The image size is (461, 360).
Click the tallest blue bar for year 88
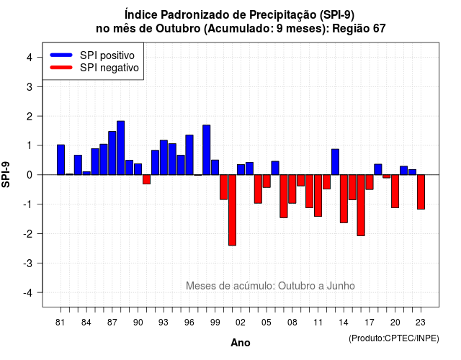click(x=120, y=148)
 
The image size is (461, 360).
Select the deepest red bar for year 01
click(x=232, y=210)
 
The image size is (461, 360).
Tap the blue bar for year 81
click(x=61, y=160)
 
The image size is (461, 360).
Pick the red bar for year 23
click(x=421, y=192)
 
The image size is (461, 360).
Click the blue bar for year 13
click(x=335, y=162)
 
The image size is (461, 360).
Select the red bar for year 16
click(x=361, y=205)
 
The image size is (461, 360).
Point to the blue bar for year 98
click(x=207, y=150)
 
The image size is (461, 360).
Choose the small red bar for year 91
click(x=146, y=179)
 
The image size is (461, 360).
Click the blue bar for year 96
click(x=189, y=155)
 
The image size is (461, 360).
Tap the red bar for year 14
click(x=344, y=199)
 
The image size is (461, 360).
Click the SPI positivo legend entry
click(x=92, y=55)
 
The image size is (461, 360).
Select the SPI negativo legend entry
click(x=94, y=68)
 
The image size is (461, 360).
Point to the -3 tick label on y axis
click(x=28, y=264)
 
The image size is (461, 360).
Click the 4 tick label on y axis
click(x=30, y=58)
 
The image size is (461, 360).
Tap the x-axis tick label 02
click(x=241, y=323)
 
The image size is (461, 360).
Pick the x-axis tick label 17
click(x=370, y=323)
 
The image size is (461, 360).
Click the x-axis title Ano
click(x=241, y=343)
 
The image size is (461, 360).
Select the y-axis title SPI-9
click(x=6, y=174)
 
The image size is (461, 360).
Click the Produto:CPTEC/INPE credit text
click(x=394, y=338)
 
